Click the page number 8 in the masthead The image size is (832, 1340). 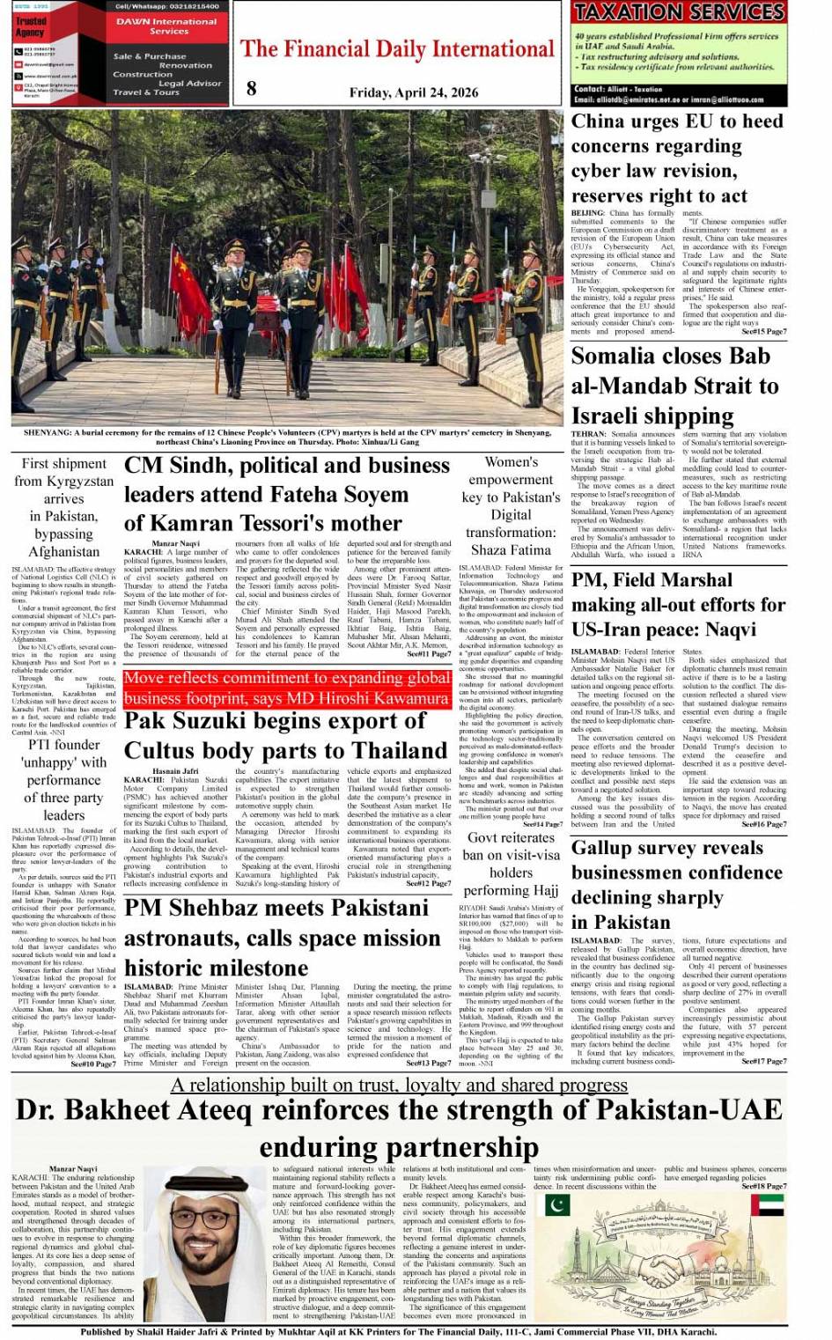pos(252,86)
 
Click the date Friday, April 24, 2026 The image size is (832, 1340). pos(414,92)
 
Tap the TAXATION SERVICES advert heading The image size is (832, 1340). pos(678,11)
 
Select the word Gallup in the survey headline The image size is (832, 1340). pos(607,848)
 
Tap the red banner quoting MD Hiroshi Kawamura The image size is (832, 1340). pos(287,688)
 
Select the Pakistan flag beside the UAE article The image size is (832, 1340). pos(557,1204)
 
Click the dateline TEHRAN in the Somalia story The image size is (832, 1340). pos(588,434)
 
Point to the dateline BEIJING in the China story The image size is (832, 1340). pos(587,213)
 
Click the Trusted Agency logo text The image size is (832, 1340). pos(31,26)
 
